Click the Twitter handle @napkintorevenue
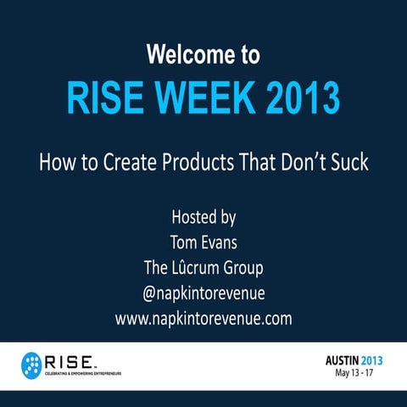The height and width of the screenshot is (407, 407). click(x=203, y=293)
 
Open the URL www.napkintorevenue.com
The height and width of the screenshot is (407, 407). click(x=203, y=319)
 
